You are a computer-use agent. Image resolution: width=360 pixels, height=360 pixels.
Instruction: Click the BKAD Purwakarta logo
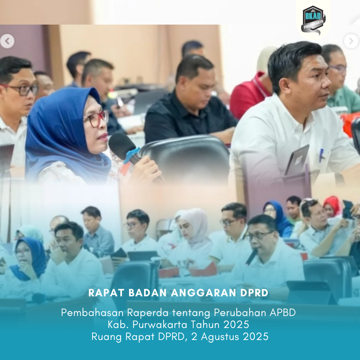[313, 20]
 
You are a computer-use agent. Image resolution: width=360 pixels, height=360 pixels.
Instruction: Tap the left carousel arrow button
[7, 41]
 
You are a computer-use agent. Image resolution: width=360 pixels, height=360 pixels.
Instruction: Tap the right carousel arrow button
[351, 41]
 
